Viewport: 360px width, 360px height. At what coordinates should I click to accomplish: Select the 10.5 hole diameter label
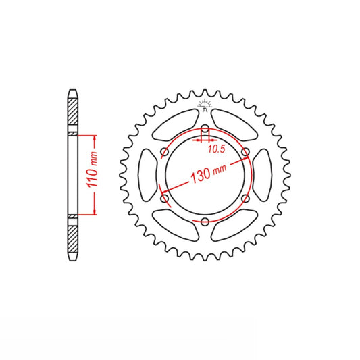click(x=216, y=149)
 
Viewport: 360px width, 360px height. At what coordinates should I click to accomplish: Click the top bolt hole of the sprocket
click(x=205, y=129)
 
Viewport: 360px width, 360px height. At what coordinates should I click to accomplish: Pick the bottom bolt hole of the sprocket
click(x=205, y=222)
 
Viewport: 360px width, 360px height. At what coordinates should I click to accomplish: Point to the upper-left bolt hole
click(x=165, y=152)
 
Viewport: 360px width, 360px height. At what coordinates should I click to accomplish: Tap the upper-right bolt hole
click(x=245, y=152)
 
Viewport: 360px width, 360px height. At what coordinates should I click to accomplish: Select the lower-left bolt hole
click(x=165, y=198)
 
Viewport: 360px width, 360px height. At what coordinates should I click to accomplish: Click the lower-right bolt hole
click(x=245, y=198)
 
